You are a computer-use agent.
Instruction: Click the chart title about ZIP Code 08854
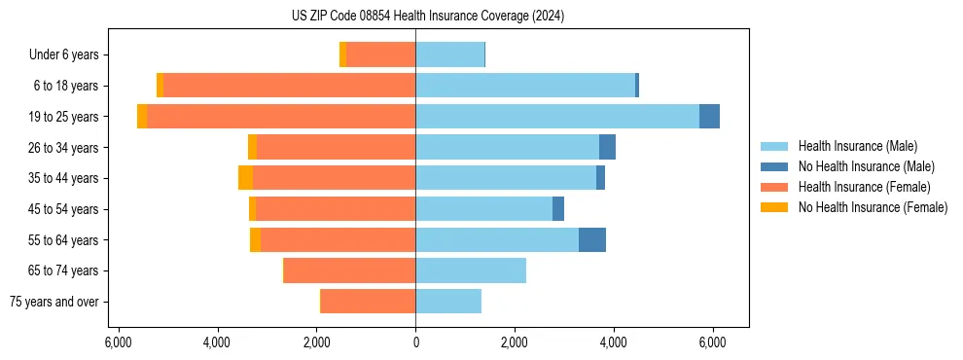coord(428,16)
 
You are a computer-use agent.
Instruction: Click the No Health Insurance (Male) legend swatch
coord(775,166)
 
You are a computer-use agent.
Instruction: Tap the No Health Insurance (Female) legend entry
coord(873,207)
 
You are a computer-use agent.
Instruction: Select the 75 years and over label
coord(53,302)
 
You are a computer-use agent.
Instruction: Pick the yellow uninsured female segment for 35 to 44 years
coord(245,178)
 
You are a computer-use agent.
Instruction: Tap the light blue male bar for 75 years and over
coord(448,302)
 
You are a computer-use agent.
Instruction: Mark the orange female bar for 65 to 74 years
coord(350,270)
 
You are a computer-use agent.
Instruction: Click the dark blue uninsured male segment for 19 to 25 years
coord(709,117)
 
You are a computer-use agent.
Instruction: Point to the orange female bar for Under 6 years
coord(380,55)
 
